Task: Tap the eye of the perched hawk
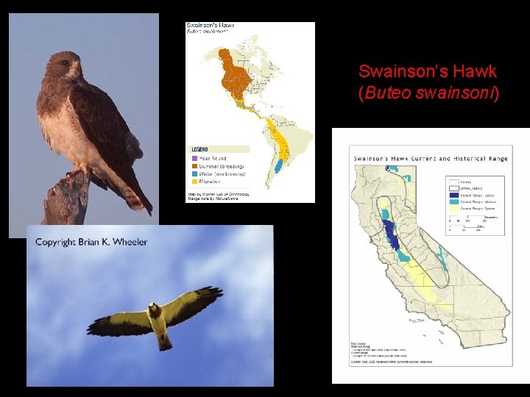pos(68,65)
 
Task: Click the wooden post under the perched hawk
pos(66,202)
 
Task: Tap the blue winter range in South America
pos(280,164)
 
